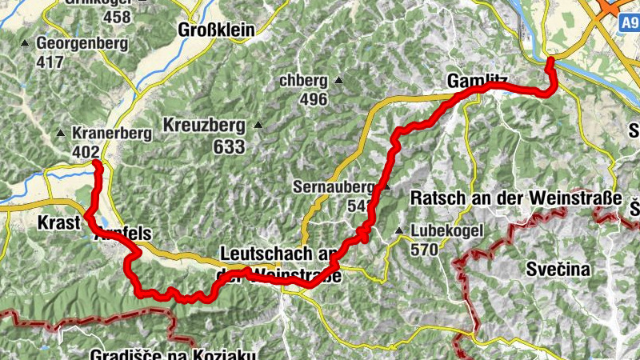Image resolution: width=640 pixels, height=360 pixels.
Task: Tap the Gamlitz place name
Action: point(478,80)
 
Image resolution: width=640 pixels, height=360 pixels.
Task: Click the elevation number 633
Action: point(229,147)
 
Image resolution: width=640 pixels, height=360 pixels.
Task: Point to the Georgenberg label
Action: point(82,42)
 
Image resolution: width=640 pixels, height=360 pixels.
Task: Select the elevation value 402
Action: point(85,152)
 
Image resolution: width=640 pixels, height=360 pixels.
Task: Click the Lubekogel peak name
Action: point(450,232)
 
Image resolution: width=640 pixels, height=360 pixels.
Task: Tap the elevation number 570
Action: point(426,249)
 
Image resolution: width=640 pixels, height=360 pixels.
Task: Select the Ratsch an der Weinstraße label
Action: point(515,198)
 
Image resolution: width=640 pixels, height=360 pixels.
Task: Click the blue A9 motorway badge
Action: point(629,25)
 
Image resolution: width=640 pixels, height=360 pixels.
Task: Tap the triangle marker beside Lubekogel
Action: point(398,232)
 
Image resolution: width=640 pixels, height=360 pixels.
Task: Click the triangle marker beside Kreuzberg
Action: point(258,126)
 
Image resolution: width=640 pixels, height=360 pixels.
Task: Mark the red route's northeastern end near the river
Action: point(550,61)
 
